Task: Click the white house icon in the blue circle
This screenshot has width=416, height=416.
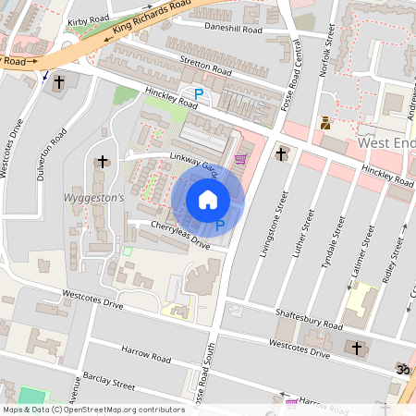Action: [x=208, y=199]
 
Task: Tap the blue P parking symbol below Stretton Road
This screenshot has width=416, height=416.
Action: [x=198, y=92]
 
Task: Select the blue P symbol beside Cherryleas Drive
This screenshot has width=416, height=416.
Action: [x=219, y=225]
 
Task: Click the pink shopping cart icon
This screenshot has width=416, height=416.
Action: [x=240, y=159]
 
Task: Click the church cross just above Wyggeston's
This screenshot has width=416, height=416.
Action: [x=101, y=163]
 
